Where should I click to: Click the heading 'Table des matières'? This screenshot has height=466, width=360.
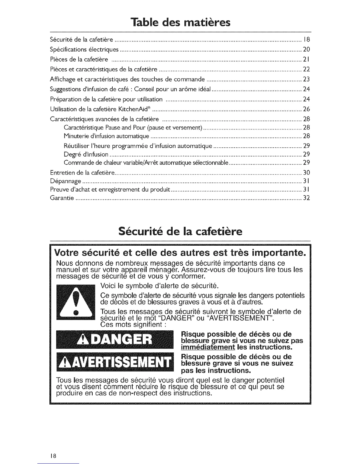click(180, 22)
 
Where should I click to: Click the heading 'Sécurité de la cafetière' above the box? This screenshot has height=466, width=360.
click(180, 232)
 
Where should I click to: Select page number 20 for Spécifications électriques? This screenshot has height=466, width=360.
click(306, 49)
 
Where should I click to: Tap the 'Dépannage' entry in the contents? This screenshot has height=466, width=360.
click(66, 181)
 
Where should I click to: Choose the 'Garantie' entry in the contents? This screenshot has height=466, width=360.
click(62, 198)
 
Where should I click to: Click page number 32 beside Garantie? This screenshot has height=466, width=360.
click(306, 198)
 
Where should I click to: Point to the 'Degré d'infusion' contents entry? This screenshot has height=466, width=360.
click(86, 154)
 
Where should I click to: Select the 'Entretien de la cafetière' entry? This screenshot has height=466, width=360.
click(82, 172)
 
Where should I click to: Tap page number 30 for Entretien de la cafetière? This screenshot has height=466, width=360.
click(306, 172)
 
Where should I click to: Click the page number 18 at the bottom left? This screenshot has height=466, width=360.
click(53, 456)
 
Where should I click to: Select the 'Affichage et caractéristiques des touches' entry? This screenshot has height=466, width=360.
click(127, 79)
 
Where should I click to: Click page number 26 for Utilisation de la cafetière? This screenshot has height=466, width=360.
click(306, 109)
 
